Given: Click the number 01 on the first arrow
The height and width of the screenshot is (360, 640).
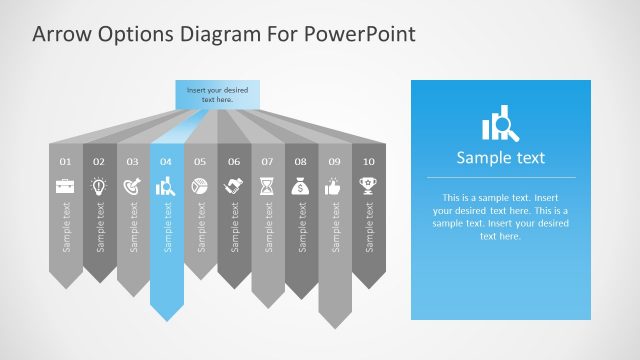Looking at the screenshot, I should (x=65, y=161).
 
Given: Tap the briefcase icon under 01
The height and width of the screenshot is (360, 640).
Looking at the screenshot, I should (x=65, y=186).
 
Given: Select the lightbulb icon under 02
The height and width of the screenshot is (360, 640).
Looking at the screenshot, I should (x=99, y=186).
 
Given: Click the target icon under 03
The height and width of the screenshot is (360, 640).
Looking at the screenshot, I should (x=133, y=186).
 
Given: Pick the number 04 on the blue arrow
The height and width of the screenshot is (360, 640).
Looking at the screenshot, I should (x=166, y=161).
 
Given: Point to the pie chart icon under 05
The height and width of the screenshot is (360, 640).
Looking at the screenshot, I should (x=200, y=186).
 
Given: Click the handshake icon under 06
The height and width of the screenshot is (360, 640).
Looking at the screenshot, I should (x=234, y=186).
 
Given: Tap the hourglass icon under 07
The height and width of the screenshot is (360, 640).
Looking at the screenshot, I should (x=267, y=186).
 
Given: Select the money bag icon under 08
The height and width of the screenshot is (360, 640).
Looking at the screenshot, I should (x=301, y=186).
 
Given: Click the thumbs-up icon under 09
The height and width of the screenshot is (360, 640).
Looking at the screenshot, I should (x=335, y=186).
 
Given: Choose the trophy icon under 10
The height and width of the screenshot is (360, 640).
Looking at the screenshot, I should (x=369, y=186).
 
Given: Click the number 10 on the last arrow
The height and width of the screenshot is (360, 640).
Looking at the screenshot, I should (x=369, y=161).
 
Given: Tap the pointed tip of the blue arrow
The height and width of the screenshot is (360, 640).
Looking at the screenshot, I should (x=167, y=320).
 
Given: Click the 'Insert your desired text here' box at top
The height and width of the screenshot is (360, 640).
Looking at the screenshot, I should (x=217, y=94).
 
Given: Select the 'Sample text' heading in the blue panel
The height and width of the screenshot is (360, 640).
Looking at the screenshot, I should (x=500, y=157).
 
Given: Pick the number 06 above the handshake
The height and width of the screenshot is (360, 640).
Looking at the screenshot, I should (x=234, y=161).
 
